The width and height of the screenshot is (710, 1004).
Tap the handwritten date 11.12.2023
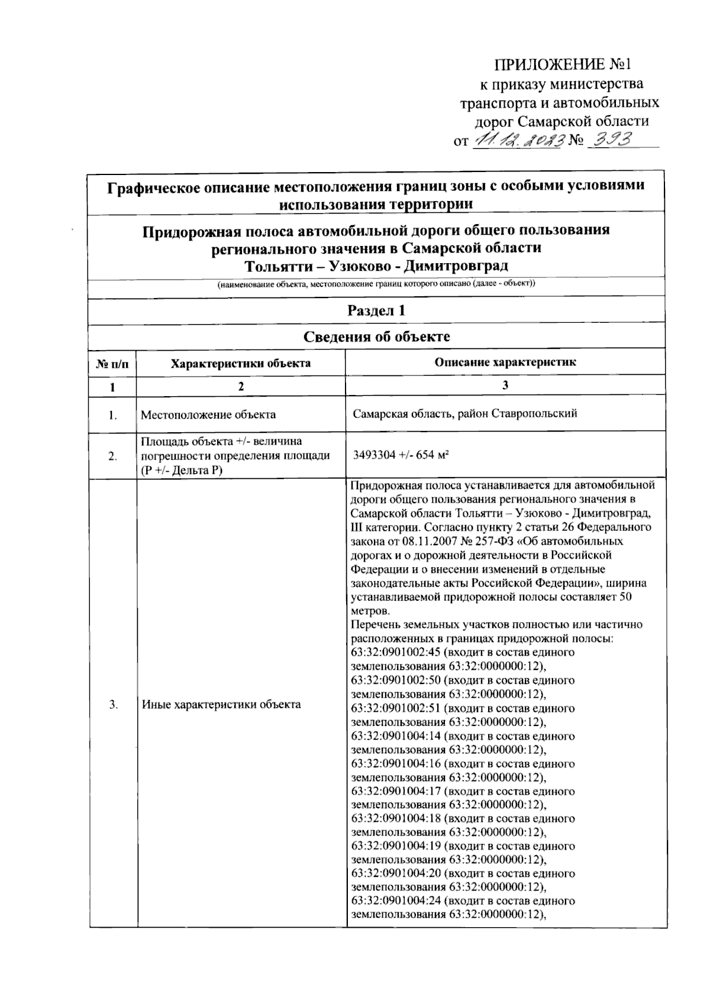(x=517, y=140)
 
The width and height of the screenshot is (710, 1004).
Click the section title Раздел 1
(x=376, y=310)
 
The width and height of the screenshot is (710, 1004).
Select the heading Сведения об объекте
(x=376, y=337)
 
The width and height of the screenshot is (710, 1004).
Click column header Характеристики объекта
(x=241, y=363)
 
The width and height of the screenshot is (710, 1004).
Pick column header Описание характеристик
(x=505, y=362)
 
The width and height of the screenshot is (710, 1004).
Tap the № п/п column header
(x=112, y=364)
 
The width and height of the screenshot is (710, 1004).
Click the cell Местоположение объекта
(x=208, y=414)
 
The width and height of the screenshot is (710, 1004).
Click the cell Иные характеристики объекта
(x=221, y=704)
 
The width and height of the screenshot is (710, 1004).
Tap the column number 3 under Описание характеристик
(x=505, y=385)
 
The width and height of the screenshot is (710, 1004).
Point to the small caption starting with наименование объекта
(x=376, y=284)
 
